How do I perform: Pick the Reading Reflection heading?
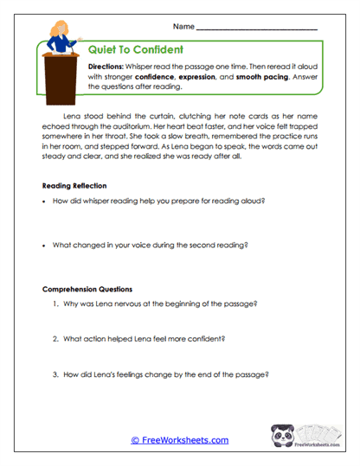click(74, 186)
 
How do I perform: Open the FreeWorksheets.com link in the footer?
click(180, 441)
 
